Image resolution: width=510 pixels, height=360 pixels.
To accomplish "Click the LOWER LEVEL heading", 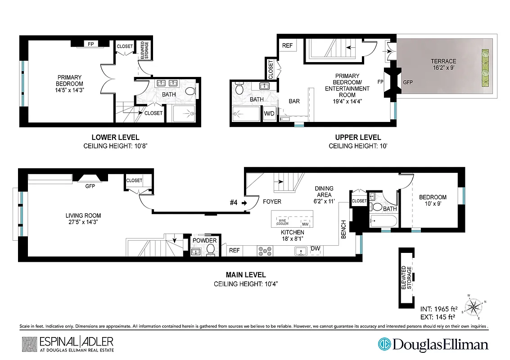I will tap(115, 137).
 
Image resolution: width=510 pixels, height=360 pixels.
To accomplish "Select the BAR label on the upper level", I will tap(294, 101).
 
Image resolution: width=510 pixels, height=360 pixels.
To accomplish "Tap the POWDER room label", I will tap(205, 240).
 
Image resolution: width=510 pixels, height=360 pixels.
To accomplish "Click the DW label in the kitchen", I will tap(315, 248).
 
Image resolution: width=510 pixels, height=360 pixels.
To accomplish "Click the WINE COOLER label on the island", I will tap(283, 222).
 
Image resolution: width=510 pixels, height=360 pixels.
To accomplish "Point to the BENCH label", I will tap(344, 229).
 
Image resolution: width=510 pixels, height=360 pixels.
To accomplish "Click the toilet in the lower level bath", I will tap(190, 92).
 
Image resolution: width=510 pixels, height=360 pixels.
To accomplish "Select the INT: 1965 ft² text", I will tap(439, 309).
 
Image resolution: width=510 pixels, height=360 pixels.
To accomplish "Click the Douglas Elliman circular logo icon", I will tap(385, 345).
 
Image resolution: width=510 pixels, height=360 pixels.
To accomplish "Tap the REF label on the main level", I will tap(234, 251).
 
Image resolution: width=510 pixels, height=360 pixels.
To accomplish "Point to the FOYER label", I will tap(272, 202).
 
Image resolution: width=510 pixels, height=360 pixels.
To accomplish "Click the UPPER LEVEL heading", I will tap(358, 137).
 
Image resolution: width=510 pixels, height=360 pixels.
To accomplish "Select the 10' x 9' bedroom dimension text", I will tap(433, 204).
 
